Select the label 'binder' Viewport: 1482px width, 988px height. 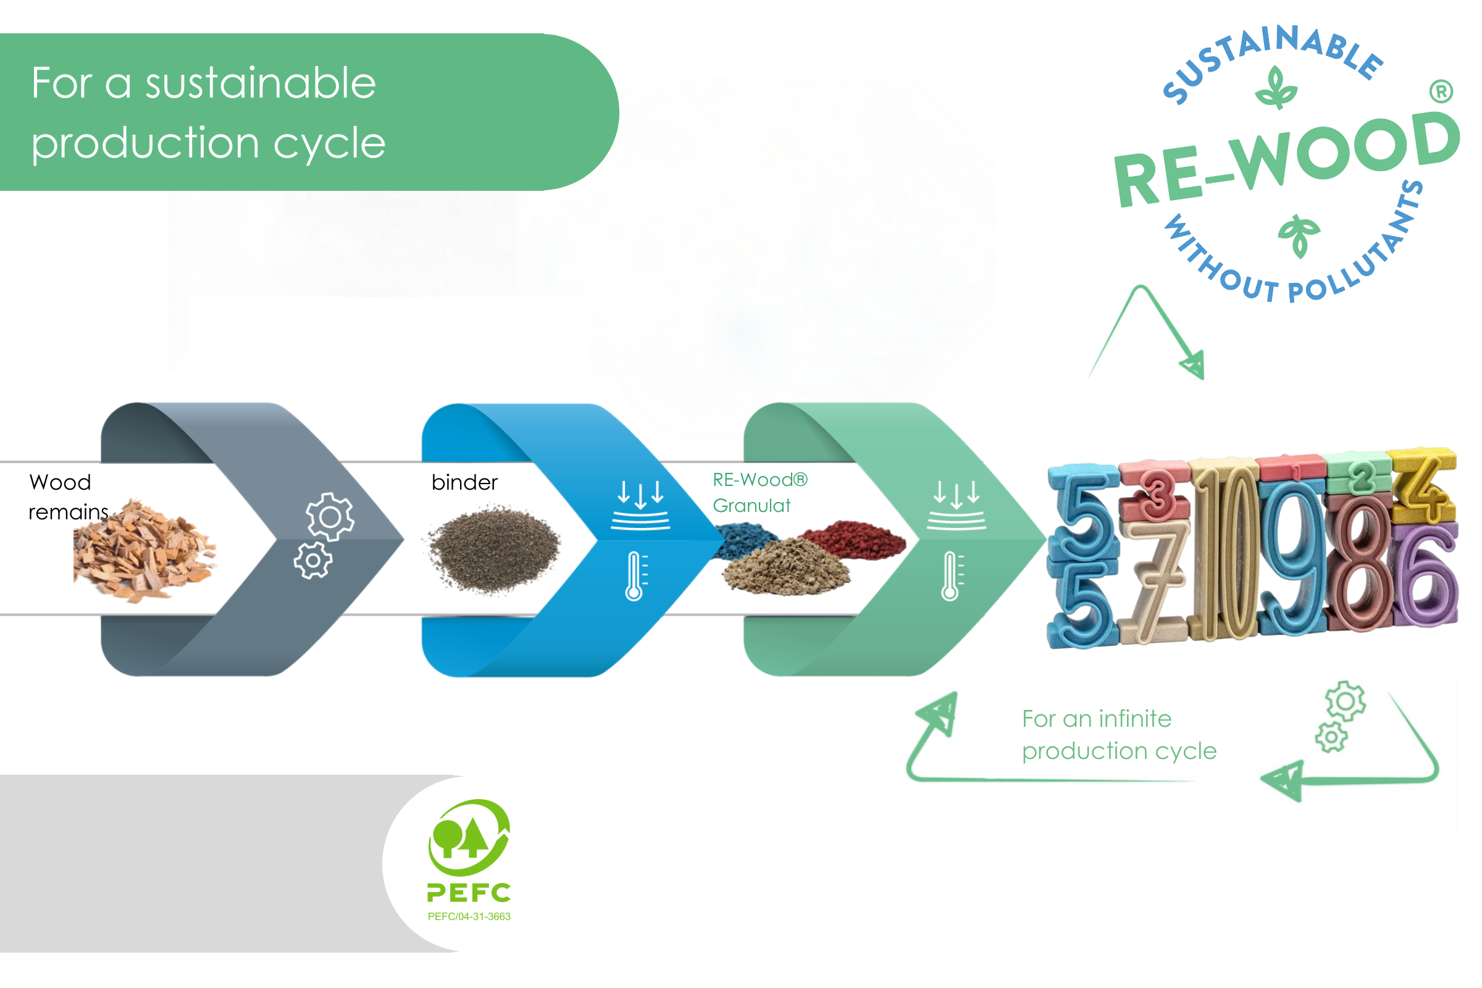click(x=464, y=483)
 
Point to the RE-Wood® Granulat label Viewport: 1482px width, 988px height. click(x=759, y=493)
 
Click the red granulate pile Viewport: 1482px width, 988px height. click(x=855, y=538)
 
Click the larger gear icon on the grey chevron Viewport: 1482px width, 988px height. click(x=330, y=517)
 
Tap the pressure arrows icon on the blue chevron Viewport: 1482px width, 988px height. click(x=640, y=504)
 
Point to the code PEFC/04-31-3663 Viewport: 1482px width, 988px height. click(x=469, y=916)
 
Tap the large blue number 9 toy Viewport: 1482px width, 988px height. click(x=1292, y=561)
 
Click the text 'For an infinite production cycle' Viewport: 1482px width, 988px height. click(x=1118, y=735)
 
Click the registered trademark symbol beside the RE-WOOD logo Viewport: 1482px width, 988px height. click(x=1441, y=92)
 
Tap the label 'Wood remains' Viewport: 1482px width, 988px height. click(x=66, y=497)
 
